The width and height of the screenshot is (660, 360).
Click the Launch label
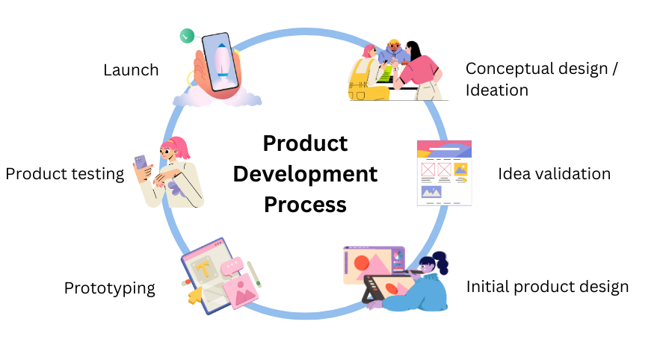tap(131, 70)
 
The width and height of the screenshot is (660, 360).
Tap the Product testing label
tap(64, 174)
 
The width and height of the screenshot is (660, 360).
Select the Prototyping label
tap(109, 288)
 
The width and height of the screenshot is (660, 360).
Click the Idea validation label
tap(554, 174)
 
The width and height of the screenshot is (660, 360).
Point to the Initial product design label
tap(547, 287)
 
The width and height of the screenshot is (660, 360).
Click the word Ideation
tap(497, 90)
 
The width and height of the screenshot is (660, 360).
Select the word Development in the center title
tap(305, 174)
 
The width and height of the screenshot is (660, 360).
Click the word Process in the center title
tap(305, 204)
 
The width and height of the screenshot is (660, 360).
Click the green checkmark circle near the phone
tap(187, 35)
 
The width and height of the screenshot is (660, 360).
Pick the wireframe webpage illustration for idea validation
tap(444, 173)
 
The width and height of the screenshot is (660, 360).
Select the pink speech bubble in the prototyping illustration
tap(232, 264)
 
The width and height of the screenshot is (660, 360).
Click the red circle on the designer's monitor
tap(362, 264)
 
